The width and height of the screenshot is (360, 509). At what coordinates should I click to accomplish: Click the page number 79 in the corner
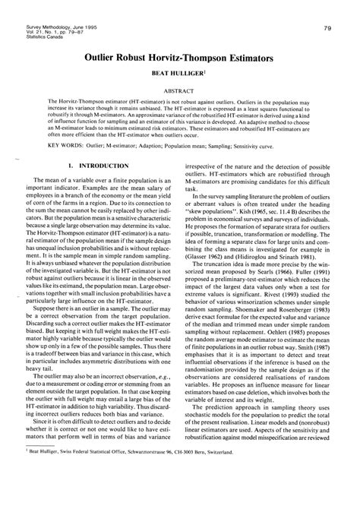click(326, 7)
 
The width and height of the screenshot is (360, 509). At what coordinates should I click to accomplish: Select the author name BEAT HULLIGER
click(179, 75)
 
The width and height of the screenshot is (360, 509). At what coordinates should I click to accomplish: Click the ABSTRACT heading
click(179, 92)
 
